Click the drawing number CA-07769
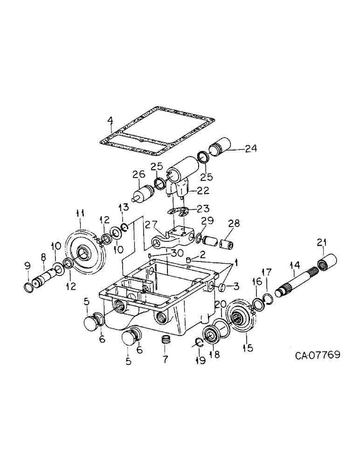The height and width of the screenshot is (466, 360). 317,355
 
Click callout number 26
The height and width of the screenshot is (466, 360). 136,176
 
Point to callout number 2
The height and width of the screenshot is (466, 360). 202,254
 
